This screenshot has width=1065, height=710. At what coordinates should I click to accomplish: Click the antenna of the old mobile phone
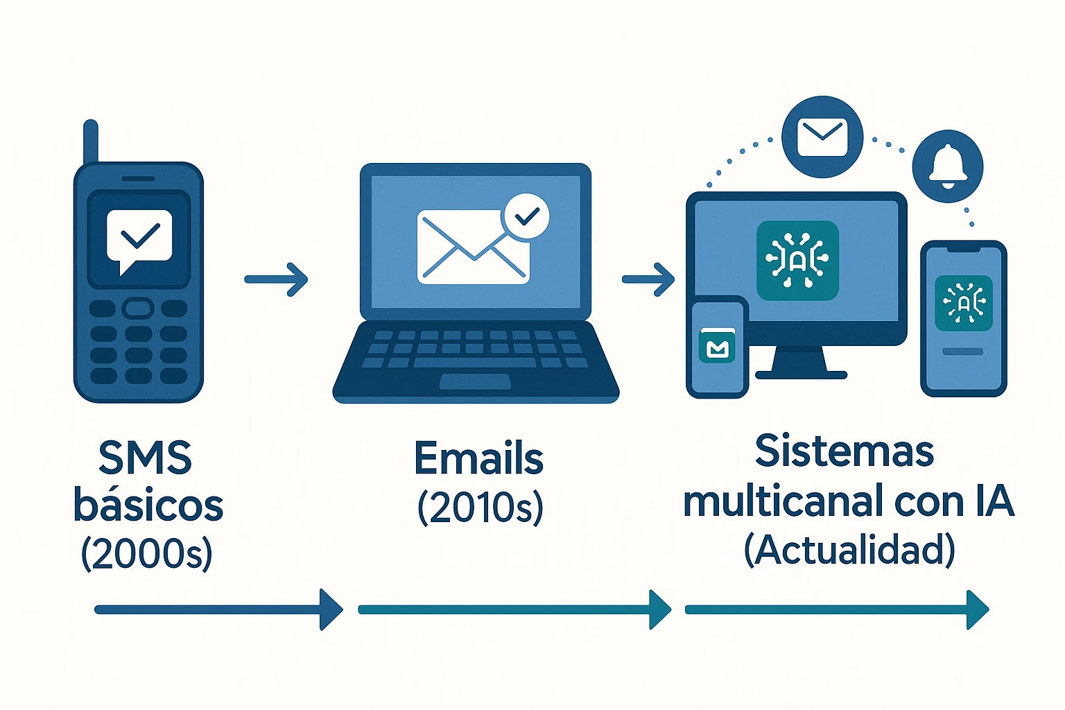pos(90,141)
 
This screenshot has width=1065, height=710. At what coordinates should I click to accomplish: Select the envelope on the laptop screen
pos(474,248)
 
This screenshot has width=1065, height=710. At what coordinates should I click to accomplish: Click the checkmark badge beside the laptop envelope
pos(526,216)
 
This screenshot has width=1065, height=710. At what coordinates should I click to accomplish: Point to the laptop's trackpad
pos(474,381)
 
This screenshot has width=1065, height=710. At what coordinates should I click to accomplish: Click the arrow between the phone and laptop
pos(276,279)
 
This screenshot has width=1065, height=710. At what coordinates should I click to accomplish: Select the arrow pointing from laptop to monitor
pos(648,279)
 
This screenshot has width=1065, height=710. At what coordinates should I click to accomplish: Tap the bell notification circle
pos(948,166)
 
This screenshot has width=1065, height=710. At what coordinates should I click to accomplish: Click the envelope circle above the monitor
pos(822,137)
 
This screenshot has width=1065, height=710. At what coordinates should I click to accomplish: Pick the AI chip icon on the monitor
pos(797,260)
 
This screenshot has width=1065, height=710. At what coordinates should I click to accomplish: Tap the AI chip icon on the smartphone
pos(963,303)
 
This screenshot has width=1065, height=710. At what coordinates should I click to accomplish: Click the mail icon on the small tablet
pos(717,346)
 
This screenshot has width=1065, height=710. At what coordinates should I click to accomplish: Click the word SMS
pos(145,458)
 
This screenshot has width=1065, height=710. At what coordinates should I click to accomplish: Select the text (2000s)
pos(146,554)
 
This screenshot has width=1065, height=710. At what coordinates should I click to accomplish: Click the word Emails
pos(479,458)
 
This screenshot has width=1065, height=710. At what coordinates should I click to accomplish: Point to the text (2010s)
pos(480,508)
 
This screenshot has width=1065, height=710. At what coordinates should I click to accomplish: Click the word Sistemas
pos(845,451)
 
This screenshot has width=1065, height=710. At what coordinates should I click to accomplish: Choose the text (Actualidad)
pos(849,550)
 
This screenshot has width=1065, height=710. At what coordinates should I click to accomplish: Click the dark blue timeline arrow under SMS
pos(218,609)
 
